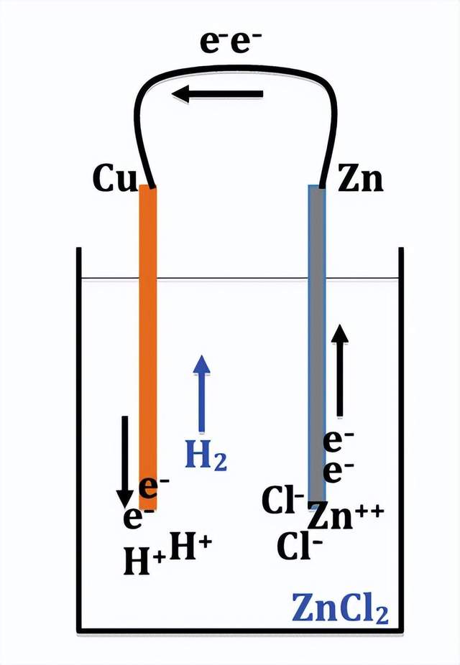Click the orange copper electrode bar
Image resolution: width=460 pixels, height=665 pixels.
pyautogui.click(x=148, y=347)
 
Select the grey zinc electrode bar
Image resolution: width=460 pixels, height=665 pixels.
pyautogui.click(x=317, y=343)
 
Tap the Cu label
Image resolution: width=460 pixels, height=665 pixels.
pyautogui.click(x=114, y=178)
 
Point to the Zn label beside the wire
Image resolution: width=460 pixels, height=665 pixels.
pyautogui.click(x=360, y=179)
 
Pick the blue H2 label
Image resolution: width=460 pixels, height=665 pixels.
pyautogui.click(x=206, y=455)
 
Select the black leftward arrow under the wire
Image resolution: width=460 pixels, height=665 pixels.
pyautogui.click(x=217, y=94)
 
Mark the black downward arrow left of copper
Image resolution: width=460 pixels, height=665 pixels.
pyautogui.click(x=125, y=462)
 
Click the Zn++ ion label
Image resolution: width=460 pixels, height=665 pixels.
pyautogui.click(x=346, y=516)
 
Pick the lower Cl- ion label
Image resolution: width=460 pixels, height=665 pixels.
pyautogui.click(x=300, y=545)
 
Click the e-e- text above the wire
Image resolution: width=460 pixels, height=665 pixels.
pyautogui.click(x=231, y=42)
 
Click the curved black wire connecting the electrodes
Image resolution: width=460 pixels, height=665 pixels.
pyautogui.click(x=236, y=68)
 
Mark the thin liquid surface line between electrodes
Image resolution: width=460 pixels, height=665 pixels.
pyautogui.click(x=233, y=279)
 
